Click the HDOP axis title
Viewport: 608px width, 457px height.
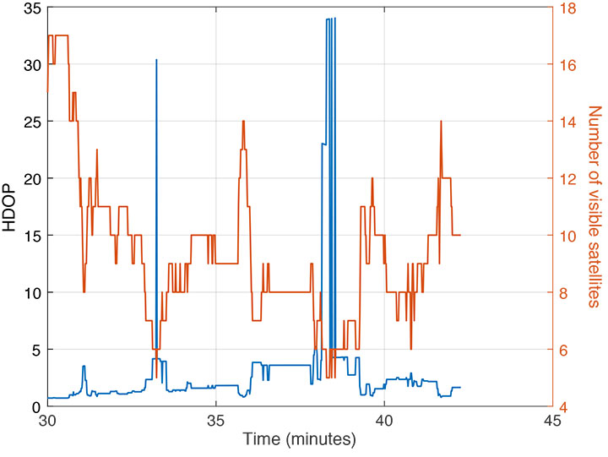pyautogui.click(x=11, y=206)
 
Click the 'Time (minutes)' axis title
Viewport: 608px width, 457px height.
pyautogui.click(x=300, y=439)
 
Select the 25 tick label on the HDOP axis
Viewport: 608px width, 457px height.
pyautogui.click(x=31, y=122)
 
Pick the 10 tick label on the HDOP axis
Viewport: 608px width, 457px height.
pyautogui.click(x=31, y=292)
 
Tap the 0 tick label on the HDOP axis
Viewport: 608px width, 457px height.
pyautogui.click(x=35, y=406)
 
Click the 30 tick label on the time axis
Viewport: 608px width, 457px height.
pyautogui.click(x=47, y=420)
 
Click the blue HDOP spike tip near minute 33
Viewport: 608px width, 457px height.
pyautogui.click(x=156, y=60)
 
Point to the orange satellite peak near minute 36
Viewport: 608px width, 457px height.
pyautogui.click(x=243, y=121)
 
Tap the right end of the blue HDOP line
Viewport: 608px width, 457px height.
pyautogui.click(x=460, y=387)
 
